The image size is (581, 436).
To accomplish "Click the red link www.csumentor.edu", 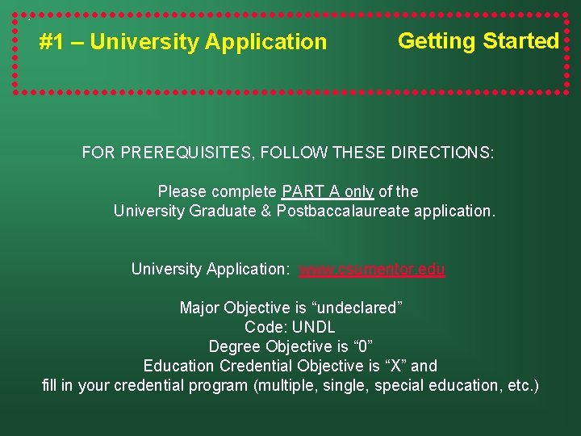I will (x=372, y=270).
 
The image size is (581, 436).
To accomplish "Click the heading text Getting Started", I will (x=478, y=41).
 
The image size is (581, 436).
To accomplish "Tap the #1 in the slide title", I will (x=52, y=42).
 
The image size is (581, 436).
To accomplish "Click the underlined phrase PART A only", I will (x=327, y=192).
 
